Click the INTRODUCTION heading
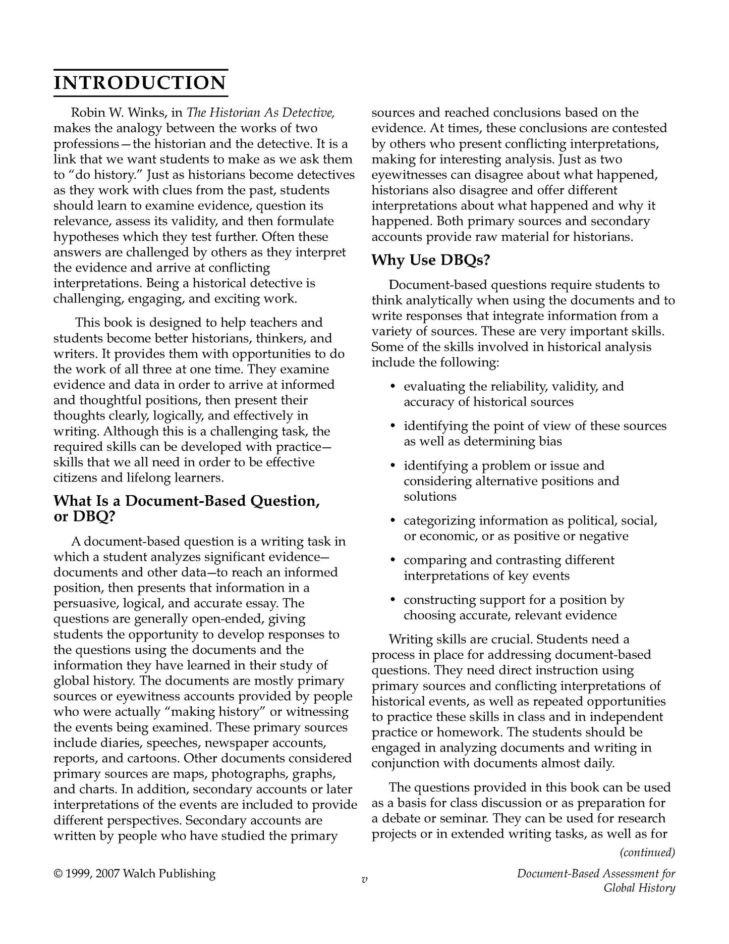(140, 83)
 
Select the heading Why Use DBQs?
(431, 260)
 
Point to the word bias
(549, 441)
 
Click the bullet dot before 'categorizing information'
(392, 520)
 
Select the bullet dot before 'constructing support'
(392, 600)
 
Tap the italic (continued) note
(647, 853)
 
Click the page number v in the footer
(364, 880)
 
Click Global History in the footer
(639, 888)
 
